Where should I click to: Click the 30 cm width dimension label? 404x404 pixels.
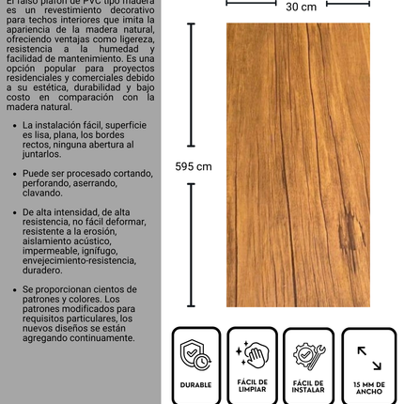(x=301, y=8)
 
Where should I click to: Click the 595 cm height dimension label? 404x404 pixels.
(x=194, y=166)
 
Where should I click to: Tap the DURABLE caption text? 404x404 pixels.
(x=195, y=384)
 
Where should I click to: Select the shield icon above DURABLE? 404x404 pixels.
(x=195, y=354)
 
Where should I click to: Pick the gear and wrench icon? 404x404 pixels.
(x=309, y=354)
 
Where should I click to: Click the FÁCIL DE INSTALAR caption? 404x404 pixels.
(x=309, y=386)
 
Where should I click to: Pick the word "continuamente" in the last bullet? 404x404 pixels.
(x=98, y=338)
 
